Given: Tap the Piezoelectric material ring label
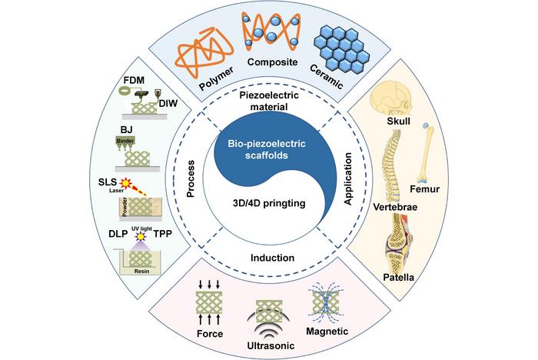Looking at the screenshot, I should [x=269, y=102].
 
